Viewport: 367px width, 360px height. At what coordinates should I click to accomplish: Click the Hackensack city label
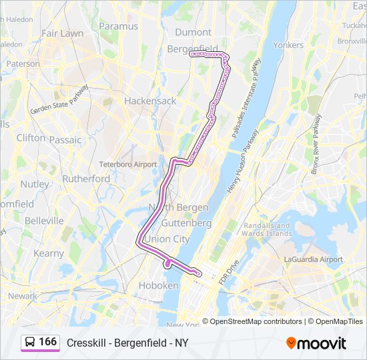pyautogui.click(x=150, y=101)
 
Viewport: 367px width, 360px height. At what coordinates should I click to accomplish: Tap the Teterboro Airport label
pyautogui.click(x=127, y=164)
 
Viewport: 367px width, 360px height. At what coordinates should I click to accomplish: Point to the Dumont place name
pyautogui.click(x=193, y=32)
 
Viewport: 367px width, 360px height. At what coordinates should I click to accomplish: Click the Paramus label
pyautogui.click(x=119, y=26)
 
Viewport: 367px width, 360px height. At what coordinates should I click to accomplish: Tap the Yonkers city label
pyautogui.click(x=288, y=45)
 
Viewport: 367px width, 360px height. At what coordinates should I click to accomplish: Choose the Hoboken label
pyautogui.click(x=158, y=285)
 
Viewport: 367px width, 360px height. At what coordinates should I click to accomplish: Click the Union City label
pyautogui.click(x=167, y=239)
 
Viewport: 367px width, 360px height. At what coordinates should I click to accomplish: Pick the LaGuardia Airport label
pyautogui.click(x=313, y=259)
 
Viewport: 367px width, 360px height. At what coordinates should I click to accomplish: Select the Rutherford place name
pyautogui.click(x=86, y=179)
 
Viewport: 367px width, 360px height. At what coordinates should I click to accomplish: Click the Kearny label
pyautogui.click(x=49, y=253)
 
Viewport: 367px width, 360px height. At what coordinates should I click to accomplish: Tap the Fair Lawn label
pyautogui.click(x=62, y=33)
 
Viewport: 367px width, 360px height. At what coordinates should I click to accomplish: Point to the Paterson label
pyautogui.click(x=23, y=63)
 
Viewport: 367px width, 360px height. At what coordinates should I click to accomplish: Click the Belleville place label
pyautogui.click(x=43, y=221)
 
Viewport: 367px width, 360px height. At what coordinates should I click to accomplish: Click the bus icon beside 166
pyautogui.click(x=31, y=342)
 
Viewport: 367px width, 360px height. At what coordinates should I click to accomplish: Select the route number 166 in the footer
pyautogui.click(x=48, y=342)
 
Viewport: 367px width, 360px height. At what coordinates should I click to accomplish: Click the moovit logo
pyautogui.click(x=316, y=343)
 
